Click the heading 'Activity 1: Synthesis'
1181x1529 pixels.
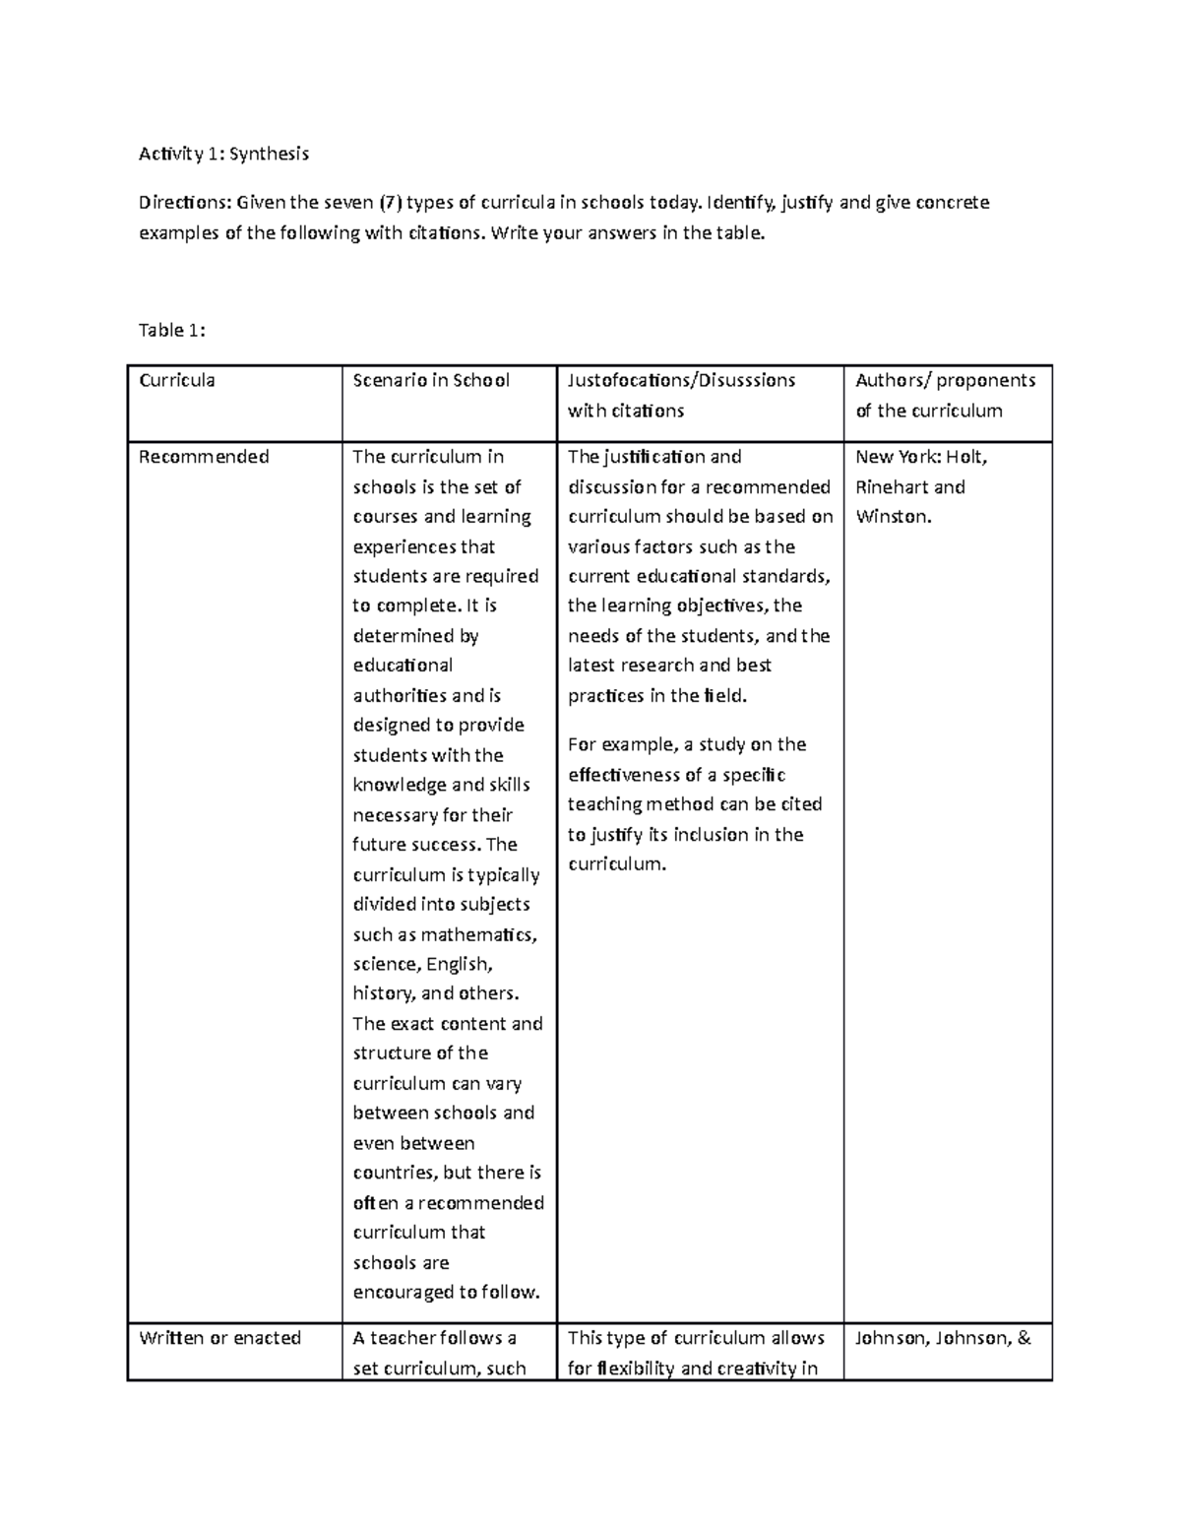[x=223, y=154]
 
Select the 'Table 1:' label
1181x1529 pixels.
[x=171, y=331]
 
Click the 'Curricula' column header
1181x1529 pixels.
[x=177, y=380]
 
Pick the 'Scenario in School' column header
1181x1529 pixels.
[x=431, y=380]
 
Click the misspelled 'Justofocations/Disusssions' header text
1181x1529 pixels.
[x=681, y=380]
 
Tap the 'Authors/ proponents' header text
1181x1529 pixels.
[x=945, y=380]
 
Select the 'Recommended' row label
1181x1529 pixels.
[x=204, y=457]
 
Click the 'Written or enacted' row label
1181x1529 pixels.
[x=219, y=1338]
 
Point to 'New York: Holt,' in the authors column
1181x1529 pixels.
[x=921, y=457]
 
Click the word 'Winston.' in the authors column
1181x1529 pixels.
[x=893, y=517]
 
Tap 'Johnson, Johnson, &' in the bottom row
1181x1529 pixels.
[x=943, y=1338]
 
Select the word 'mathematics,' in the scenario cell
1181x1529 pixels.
[x=478, y=934]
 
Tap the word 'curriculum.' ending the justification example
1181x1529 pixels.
[x=617, y=864]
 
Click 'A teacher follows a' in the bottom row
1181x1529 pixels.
[x=434, y=1338]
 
